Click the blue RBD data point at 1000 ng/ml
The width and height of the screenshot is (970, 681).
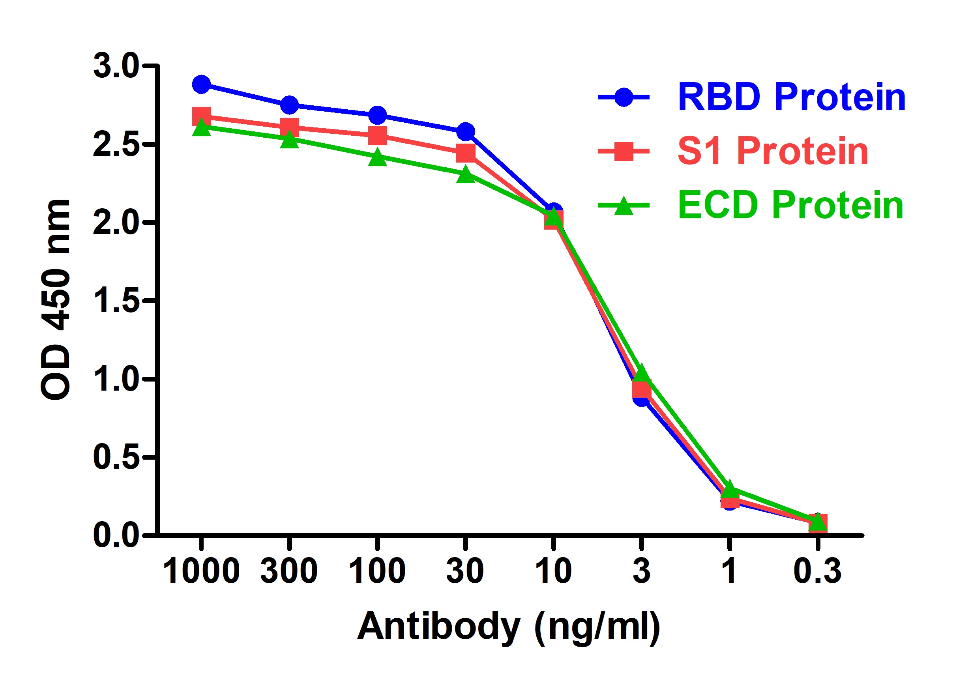[202, 84]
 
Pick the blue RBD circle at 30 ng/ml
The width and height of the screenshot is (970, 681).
[466, 132]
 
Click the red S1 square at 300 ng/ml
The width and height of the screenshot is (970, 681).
[289, 127]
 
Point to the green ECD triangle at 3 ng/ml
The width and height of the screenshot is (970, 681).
[641, 374]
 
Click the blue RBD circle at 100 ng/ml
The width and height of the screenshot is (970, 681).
[377, 115]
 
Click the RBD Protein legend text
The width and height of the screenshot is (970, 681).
[791, 97]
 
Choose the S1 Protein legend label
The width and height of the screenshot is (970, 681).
[773, 151]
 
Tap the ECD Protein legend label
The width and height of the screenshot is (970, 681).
[790, 205]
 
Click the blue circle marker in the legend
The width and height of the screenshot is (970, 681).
[624, 97]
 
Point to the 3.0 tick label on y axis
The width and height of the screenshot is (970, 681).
[115, 66]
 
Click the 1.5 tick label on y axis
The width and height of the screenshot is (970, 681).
[115, 301]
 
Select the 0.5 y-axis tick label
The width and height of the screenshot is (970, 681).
[115, 457]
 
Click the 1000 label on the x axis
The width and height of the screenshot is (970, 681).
[201, 571]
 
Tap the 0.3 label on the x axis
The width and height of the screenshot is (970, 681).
[818, 571]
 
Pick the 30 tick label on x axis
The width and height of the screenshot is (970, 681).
[465, 571]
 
